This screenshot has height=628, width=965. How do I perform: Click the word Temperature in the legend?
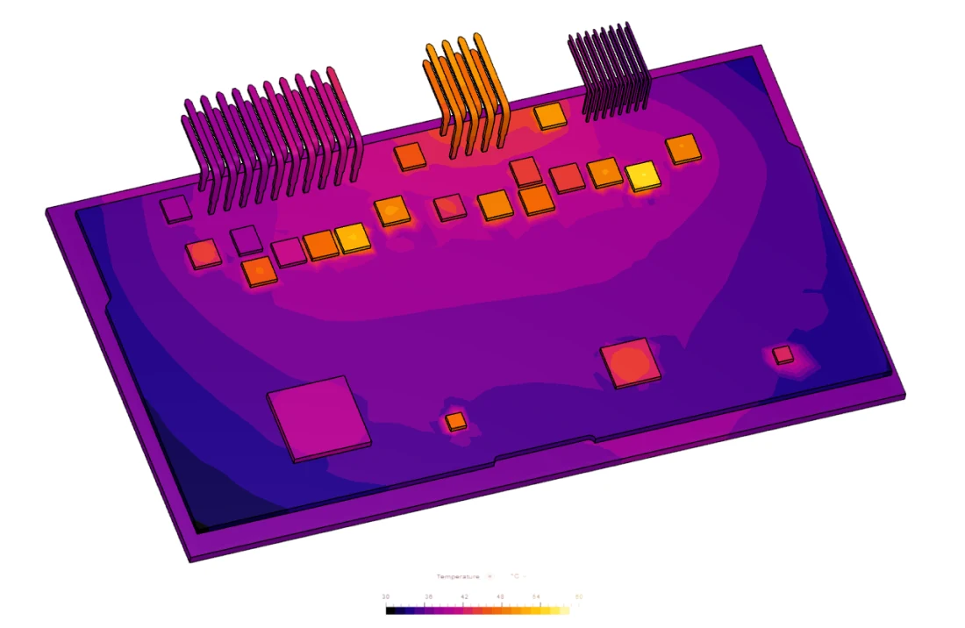point(458,576)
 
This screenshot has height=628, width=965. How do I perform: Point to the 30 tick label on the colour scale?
point(386,596)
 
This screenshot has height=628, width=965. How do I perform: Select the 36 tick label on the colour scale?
point(428,596)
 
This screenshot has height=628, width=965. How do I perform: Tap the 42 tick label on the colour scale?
point(464,596)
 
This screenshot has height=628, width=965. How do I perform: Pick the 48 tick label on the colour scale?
point(501,596)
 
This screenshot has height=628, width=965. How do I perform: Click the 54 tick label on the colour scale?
point(538,596)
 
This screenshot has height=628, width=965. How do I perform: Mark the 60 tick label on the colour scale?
point(578,596)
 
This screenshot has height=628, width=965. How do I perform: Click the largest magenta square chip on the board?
point(318,417)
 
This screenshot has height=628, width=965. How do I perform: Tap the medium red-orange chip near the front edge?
point(630,362)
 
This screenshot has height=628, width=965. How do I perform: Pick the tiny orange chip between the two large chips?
point(455,422)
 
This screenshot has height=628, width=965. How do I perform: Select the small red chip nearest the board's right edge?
point(783,354)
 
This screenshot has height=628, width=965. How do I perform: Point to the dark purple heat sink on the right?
point(608,72)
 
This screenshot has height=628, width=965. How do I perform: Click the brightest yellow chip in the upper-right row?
point(643,176)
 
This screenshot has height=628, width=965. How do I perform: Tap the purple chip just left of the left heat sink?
point(175,209)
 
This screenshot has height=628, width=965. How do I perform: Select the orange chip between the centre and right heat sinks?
point(549,115)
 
